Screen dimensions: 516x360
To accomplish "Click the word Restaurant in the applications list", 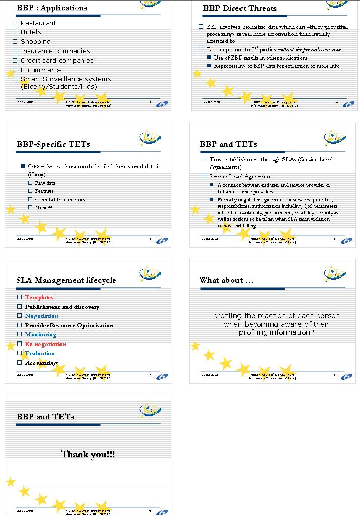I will coord(38,23).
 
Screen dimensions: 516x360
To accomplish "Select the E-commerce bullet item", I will coord(41,70).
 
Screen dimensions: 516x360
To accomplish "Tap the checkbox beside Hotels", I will coord(15,32).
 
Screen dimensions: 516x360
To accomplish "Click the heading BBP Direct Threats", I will coord(239,8).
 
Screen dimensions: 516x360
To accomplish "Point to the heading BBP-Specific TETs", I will coord(53,144).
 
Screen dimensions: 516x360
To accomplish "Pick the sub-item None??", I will coord(44,207).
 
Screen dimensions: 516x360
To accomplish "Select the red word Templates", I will coord(39,298).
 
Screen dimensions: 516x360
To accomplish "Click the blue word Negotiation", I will coord(41,316).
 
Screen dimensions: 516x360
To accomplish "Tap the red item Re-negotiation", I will coord(45,345).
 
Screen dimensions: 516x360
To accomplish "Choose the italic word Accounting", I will coord(41,363).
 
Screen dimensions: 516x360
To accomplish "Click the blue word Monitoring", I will coord(40,335).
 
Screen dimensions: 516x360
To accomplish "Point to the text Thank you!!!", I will coord(88,455).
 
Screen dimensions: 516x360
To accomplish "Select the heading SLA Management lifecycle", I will coord(66,280).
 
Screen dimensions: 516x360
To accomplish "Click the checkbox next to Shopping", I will coord(15,42).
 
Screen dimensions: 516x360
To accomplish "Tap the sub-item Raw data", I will coord(45,183).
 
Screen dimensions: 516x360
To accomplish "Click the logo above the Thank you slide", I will coord(150,411).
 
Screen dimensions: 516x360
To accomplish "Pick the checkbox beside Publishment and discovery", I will coord(20,307).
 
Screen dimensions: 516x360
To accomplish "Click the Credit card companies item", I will coord(57,61).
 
